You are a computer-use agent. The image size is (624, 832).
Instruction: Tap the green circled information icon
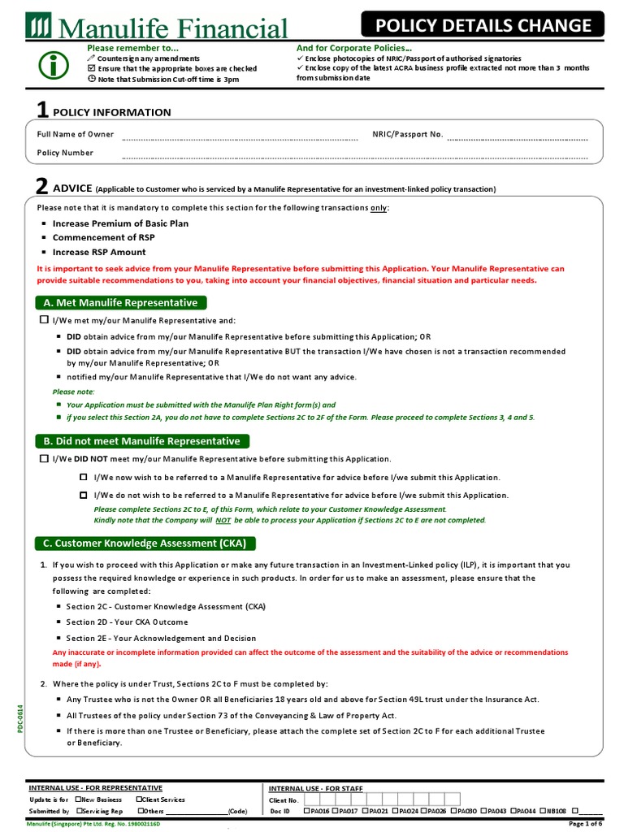pyautogui.click(x=54, y=67)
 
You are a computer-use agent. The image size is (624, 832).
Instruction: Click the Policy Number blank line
pyautogui.click(x=354, y=154)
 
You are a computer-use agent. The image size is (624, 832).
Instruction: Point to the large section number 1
pyautogui.click(x=42, y=110)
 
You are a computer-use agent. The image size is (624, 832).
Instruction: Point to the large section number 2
pyautogui.click(x=42, y=186)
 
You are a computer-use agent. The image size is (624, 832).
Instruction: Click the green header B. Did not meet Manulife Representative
pyautogui.click(x=142, y=441)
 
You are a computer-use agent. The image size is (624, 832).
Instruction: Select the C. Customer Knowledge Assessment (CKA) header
pyautogui.click(x=145, y=544)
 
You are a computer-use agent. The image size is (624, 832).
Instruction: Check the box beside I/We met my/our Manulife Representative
pyautogui.click(x=45, y=321)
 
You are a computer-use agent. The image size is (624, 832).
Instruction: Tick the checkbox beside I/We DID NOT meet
pyautogui.click(x=45, y=459)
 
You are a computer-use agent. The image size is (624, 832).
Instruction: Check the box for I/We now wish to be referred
pyautogui.click(x=83, y=477)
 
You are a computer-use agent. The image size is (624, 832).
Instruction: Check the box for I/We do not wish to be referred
pyautogui.click(x=83, y=495)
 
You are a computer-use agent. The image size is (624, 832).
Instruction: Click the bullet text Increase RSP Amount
pyautogui.click(x=99, y=253)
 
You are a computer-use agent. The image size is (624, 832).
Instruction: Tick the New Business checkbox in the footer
pyautogui.click(x=78, y=799)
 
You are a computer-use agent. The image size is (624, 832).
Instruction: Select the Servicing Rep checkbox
pyautogui.click(x=78, y=811)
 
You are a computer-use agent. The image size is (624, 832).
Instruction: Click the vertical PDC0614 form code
pyautogui.click(x=21, y=717)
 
